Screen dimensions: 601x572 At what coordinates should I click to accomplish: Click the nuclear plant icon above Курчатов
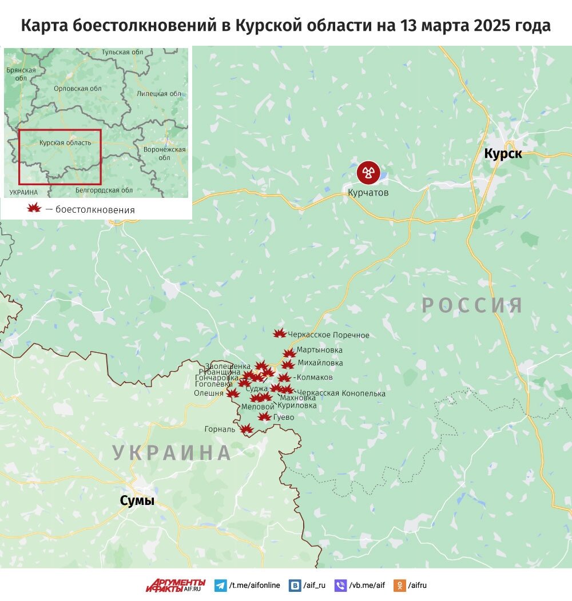[368, 172]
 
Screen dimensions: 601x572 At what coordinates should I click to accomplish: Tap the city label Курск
[503, 153]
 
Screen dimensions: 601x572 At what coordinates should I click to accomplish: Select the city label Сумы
[137, 501]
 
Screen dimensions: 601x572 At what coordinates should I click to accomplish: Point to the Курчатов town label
[368, 193]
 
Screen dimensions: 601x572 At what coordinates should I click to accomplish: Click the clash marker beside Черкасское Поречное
[279, 333]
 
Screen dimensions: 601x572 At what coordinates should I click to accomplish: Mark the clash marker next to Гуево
[264, 416]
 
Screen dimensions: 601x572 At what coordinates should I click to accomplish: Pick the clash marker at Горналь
[246, 429]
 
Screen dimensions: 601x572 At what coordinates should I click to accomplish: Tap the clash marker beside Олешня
[232, 393]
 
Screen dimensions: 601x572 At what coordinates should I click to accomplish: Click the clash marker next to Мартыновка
[289, 353]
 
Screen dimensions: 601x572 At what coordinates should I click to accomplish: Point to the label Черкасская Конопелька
[341, 393]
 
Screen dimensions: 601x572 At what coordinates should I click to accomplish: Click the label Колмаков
[315, 377]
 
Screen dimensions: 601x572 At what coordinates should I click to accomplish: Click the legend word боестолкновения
[95, 210]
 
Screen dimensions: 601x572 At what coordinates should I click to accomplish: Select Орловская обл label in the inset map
[77, 89]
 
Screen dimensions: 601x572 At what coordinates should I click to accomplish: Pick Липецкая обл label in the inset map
[160, 94]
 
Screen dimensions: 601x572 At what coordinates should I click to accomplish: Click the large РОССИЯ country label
[472, 305]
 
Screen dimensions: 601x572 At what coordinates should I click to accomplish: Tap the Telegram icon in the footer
[220, 586]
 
